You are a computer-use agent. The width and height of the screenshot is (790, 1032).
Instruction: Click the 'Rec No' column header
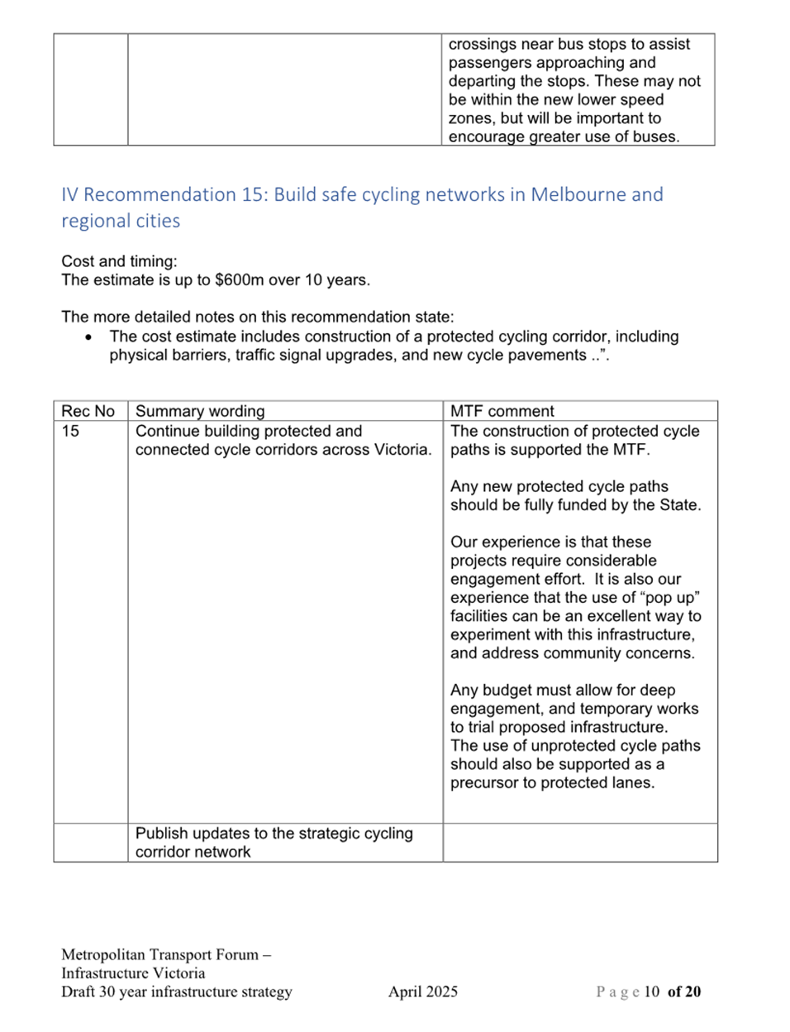(x=88, y=411)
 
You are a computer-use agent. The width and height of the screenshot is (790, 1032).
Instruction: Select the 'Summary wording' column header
(x=200, y=411)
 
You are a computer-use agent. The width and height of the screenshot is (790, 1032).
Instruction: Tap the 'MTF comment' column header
(x=502, y=411)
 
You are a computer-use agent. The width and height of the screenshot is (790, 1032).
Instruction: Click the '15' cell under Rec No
(x=70, y=431)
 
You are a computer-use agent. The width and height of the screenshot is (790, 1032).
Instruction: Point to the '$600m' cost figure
(x=239, y=279)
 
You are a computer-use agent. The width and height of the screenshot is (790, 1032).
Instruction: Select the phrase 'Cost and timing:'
(x=119, y=261)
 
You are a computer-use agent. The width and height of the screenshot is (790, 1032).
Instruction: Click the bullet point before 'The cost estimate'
(x=89, y=337)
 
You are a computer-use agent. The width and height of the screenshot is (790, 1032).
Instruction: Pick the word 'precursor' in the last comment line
(x=483, y=782)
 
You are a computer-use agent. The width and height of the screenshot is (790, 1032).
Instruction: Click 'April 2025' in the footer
(x=423, y=991)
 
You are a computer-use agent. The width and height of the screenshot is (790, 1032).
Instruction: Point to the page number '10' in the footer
(x=651, y=991)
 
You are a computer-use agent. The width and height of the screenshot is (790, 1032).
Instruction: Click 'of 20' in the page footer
(x=684, y=991)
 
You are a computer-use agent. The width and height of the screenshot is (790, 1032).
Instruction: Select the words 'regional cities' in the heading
(x=121, y=221)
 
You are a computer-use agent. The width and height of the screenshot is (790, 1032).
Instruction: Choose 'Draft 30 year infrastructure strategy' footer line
(x=177, y=991)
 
